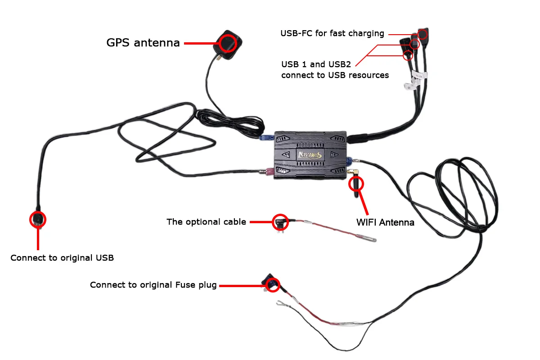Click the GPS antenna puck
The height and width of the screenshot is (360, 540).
pos(228,45)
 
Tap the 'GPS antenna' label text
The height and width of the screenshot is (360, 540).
pos(143,43)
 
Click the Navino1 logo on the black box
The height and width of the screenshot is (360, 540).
pos(310,155)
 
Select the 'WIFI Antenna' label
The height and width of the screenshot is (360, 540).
pos(385,222)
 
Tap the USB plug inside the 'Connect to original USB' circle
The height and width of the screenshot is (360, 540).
pos(38,219)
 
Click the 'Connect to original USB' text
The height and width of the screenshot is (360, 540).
pos(62,258)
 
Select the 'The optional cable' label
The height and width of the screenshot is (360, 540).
pos(207,222)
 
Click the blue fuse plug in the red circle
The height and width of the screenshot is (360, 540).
pos(271,283)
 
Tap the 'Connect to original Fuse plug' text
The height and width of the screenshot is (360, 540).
pos(153,285)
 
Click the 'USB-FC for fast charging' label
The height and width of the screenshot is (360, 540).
pos(332,33)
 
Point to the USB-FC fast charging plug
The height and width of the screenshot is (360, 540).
pos(423,33)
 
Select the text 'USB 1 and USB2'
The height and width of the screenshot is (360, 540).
pos(316,64)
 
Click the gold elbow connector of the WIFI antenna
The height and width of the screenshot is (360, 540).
pos(353,172)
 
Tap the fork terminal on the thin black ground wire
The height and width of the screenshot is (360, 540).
pos(281,303)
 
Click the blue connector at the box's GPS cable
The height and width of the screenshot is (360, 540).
pos(266,138)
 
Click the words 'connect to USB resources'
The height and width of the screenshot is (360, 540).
pos(335,75)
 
